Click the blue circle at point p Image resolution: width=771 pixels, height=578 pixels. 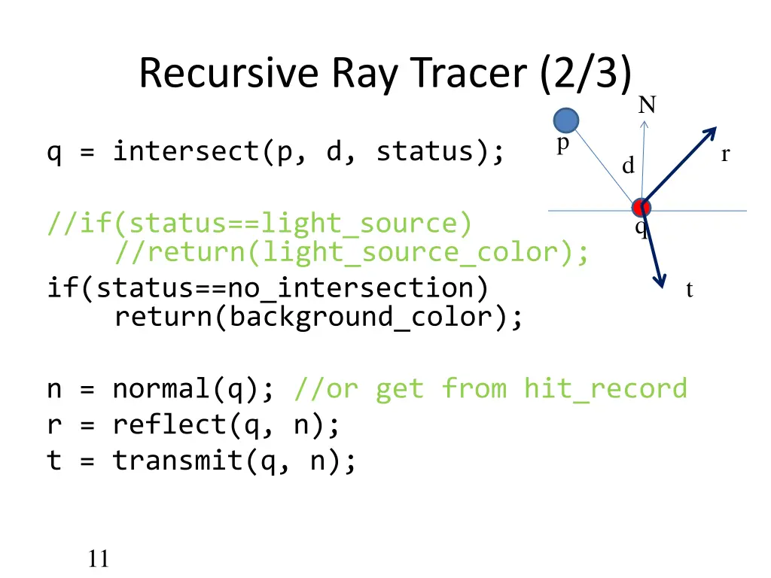click(566, 120)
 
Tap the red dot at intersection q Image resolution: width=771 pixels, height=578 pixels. click(641, 208)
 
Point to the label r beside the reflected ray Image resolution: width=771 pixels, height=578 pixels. click(725, 155)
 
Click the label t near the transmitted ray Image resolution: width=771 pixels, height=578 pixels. click(689, 289)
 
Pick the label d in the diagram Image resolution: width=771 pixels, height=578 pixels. click(628, 166)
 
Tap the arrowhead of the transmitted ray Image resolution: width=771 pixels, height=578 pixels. click(660, 280)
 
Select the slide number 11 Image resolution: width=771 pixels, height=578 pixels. click(98, 558)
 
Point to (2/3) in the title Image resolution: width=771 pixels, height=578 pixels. click(585, 74)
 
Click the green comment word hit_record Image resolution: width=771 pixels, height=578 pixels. click(605, 388)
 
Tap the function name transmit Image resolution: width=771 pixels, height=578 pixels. click(178, 460)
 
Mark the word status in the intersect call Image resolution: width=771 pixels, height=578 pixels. click(425, 152)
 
